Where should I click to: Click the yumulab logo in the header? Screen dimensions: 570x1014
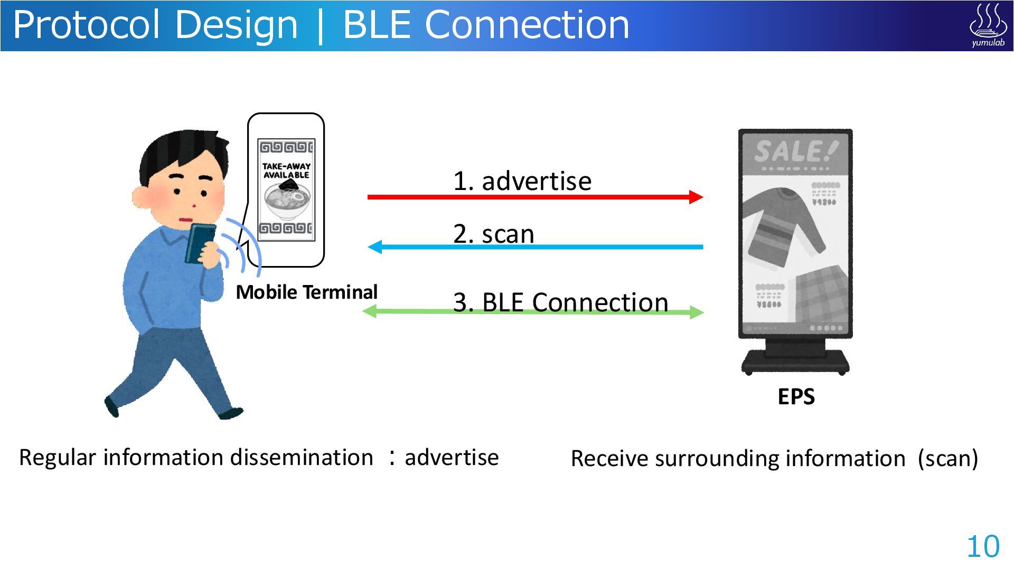coord(988,25)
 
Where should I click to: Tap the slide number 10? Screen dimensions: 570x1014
coord(983,546)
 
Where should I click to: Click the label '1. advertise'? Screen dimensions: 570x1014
coord(522,181)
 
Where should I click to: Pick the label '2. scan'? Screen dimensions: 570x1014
coord(493,234)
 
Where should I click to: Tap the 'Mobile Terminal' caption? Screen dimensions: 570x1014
coord(306,292)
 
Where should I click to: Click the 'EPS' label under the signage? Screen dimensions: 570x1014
coord(796,396)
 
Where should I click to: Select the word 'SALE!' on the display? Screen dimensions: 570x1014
coord(795,151)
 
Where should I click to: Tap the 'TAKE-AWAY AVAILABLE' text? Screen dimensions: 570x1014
coord(286,170)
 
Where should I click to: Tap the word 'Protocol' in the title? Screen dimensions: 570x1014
coord(86,25)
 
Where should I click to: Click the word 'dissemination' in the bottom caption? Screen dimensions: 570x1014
coord(301,458)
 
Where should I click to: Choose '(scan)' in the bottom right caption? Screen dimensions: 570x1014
coord(947,459)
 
